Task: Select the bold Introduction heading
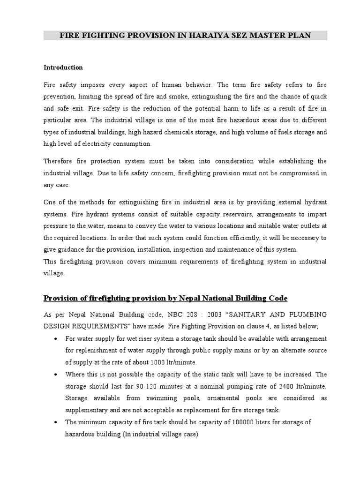63,67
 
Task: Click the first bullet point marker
56,338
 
